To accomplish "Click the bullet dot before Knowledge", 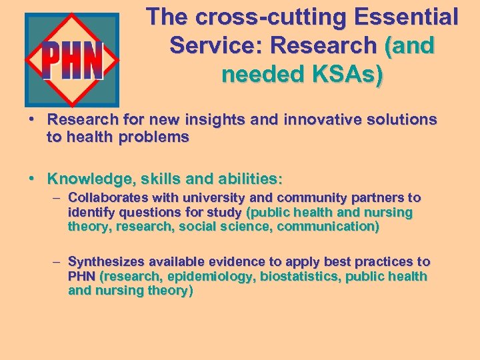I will (31, 179).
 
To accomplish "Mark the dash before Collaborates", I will (58, 197).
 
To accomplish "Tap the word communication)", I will (328, 227).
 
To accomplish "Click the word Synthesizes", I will (107, 261).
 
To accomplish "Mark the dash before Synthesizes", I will (58, 261).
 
